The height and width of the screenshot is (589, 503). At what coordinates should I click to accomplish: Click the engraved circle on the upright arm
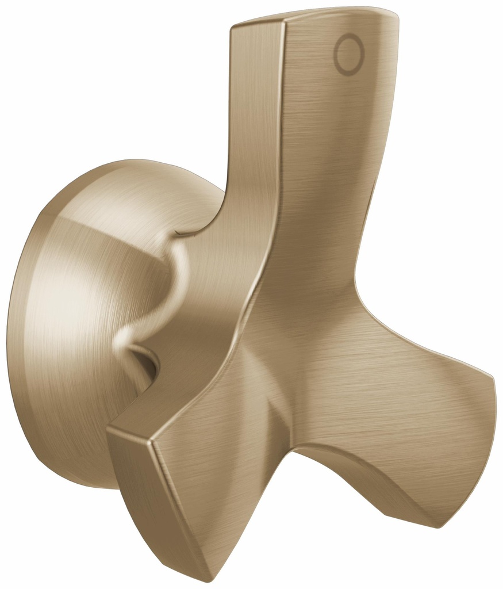349,55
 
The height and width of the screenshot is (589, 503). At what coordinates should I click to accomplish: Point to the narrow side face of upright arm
253,144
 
